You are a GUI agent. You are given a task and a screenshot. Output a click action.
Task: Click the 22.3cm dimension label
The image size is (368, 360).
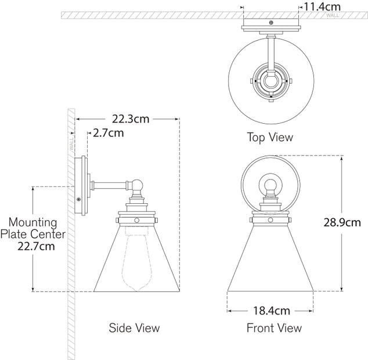tap(131, 119)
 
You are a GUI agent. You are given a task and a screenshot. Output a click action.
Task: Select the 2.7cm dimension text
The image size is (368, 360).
tap(109, 133)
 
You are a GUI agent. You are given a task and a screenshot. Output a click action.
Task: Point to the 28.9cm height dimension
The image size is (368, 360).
tap(342, 222)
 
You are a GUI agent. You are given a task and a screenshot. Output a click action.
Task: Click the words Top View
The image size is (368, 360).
tap(270, 138)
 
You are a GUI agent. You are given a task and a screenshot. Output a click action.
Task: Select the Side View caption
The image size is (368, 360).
tap(134, 328)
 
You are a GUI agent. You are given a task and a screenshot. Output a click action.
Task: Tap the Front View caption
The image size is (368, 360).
tap(274, 328)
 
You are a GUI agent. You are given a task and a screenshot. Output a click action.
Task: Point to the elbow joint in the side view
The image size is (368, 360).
tap(137, 187)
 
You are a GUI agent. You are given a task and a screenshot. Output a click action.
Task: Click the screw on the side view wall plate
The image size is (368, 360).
tap(79, 199)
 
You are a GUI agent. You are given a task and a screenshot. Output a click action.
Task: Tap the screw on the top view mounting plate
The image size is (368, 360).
tap(270, 23)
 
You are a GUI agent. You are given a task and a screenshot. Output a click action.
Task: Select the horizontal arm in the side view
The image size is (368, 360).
tap(111, 186)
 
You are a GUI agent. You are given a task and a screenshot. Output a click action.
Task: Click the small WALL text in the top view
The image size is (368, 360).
tap(333, 16)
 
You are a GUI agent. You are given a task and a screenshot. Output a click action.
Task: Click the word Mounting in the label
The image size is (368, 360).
tap(33, 222)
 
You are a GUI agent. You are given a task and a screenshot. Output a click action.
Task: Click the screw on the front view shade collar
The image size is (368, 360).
tap(270, 221)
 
